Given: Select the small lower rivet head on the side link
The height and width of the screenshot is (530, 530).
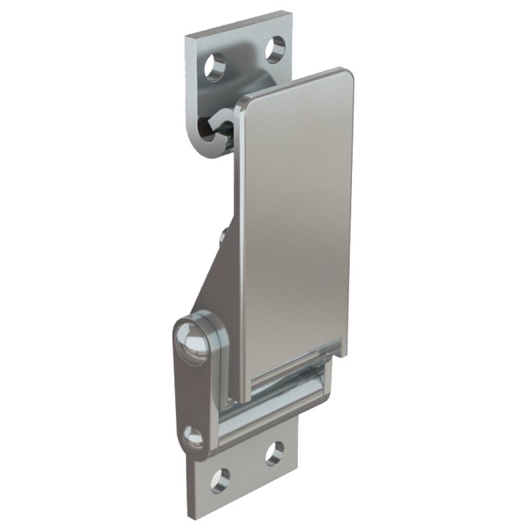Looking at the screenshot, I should click(192, 435).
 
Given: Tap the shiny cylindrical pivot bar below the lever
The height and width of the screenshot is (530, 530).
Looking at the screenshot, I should click(286, 390).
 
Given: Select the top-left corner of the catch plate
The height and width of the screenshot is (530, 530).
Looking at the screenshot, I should click(187, 36).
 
